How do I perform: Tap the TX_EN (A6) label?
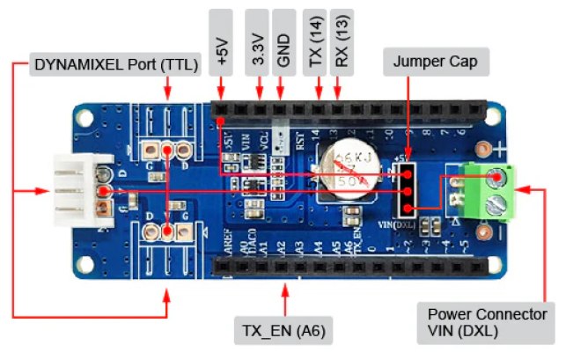point(278,330)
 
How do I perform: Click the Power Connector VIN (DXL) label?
point(487,322)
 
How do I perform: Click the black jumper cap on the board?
point(407,188)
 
